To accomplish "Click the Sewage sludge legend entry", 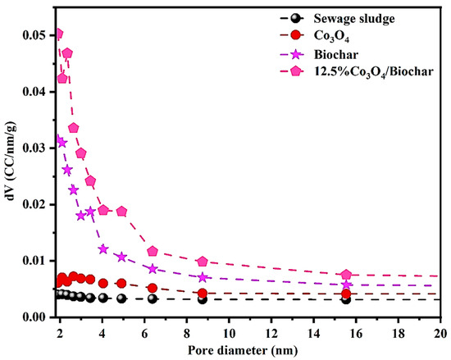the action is (x=354, y=19).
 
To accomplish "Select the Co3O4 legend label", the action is (x=331, y=37).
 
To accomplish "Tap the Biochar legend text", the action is (x=336, y=54).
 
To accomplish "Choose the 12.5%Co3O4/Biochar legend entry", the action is (x=373, y=72).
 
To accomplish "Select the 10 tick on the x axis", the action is (x=229, y=334).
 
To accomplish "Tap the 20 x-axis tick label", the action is (x=440, y=334).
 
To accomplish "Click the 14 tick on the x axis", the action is (x=313, y=334).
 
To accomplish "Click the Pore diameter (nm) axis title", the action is (x=243, y=351).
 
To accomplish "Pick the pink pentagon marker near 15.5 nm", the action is (x=347, y=275).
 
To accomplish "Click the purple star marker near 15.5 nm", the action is (x=347, y=285).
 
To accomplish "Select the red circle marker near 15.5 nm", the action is (x=347, y=294).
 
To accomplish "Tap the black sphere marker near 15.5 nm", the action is (x=347, y=299).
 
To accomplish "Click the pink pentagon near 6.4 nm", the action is (x=153, y=251).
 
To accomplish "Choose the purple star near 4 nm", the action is (x=103, y=249).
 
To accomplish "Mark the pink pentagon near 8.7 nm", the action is (x=203, y=262).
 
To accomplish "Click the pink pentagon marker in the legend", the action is (x=296, y=72).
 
